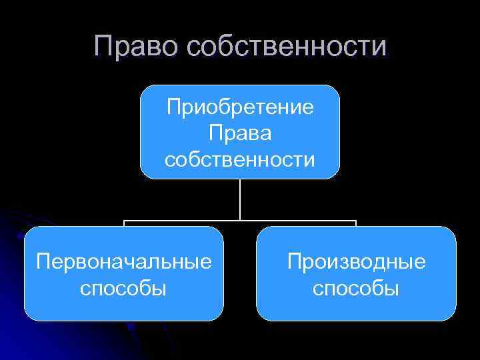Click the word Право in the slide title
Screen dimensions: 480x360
137,47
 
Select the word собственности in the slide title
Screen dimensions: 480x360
286,47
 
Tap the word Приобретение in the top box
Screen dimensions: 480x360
241,107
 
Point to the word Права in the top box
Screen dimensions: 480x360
240,133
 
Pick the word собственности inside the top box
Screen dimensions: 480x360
240,159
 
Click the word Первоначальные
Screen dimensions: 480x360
125,261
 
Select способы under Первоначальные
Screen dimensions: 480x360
123,288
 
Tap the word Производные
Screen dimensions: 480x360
356,261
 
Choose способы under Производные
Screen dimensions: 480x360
356,288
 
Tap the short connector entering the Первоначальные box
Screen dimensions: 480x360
124,224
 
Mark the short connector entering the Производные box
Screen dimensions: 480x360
356,224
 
